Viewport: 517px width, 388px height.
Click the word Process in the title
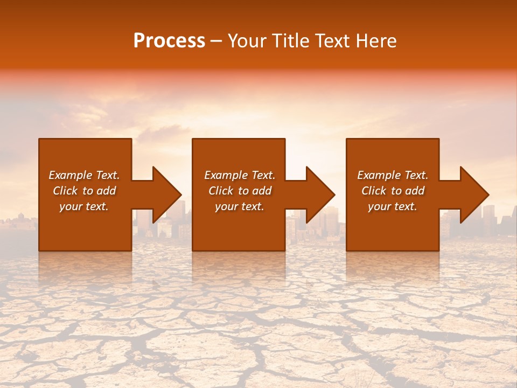coord(169,41)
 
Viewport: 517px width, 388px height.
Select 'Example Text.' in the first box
coord(84,175)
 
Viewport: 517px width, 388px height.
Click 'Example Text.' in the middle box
coord(240,175)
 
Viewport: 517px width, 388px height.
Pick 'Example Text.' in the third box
coord(393,175)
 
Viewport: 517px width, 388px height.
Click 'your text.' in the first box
coord(84,206)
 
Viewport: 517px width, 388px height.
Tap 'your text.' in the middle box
coord(240,206)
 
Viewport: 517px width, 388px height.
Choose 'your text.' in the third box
coord(393,206)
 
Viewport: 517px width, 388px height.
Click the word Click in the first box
coord(65,191)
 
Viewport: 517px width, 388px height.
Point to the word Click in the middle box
coord(221,191)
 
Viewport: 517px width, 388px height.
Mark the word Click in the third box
coord(374,191)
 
